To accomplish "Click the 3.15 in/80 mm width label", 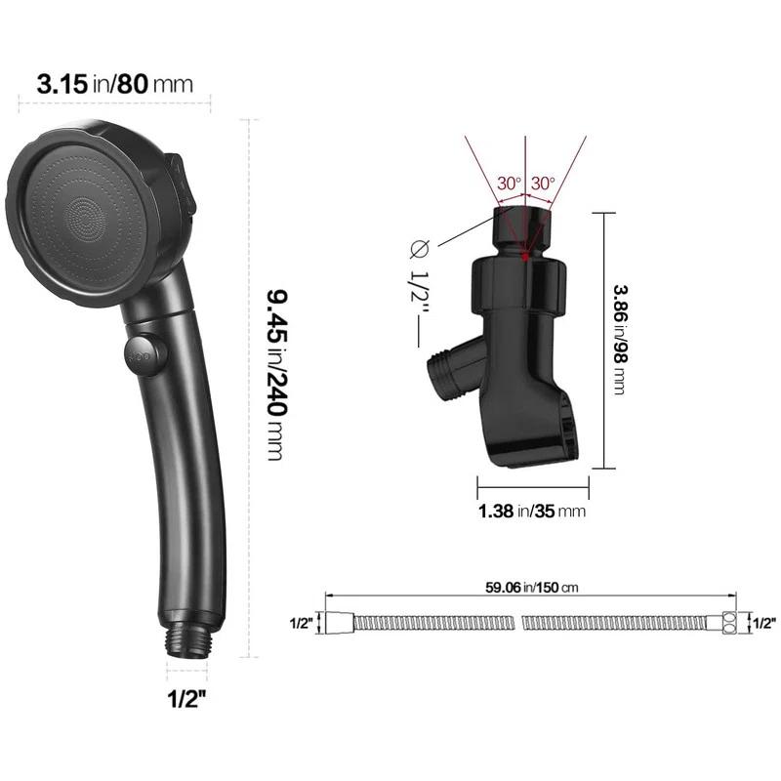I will (x=114, y=83).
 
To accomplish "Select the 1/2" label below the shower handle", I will (x=189, y=699).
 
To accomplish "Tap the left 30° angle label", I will (x=509, y=184).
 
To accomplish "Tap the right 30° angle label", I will (x=542, y=184).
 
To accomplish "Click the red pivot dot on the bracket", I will (x=525, y=257).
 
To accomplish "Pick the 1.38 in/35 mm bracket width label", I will (x=531, y=510).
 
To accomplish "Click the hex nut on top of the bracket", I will (x=525, y=225).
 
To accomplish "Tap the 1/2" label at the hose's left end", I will (x=303, y=622).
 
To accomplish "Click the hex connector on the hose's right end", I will (x=729, y=622).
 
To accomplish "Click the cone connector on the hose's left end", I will (x=336, y=622).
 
